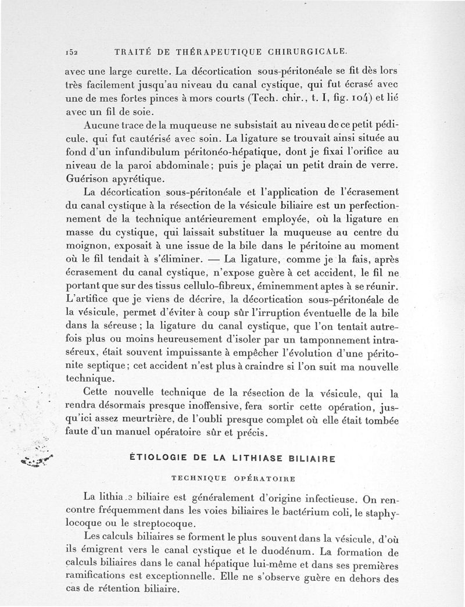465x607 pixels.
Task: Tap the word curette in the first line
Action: [152, 73]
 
